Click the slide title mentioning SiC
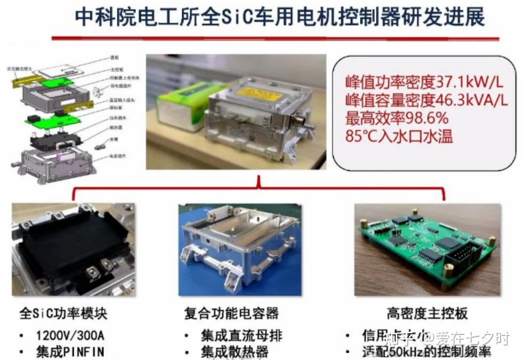coord(279,17)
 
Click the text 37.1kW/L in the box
coord(470,82)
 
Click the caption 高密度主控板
coord(427,313)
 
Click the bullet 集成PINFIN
coord(70,352)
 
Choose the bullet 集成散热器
coord(234,352)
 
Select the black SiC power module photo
coord(74,249)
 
